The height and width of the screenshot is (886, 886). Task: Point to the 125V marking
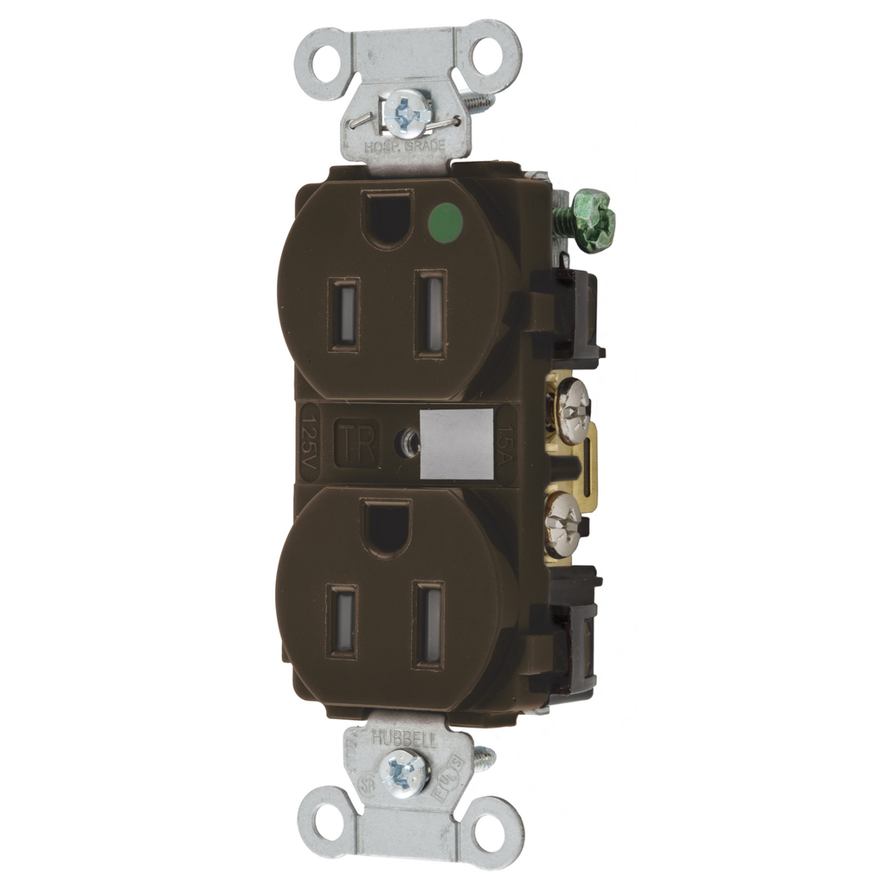(x=310, y=443)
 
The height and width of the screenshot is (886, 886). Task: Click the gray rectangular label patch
(x=456, y=443)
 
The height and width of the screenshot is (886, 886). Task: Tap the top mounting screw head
(x=408, y=112)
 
